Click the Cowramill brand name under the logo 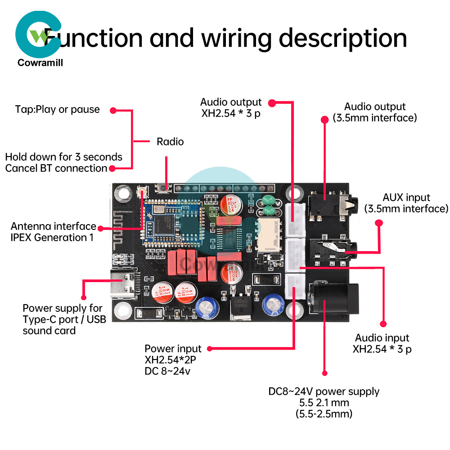[40, 63]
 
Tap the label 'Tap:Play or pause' [57, 109]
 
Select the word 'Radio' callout [170, 142]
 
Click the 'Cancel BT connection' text [56, 168]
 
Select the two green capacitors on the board [268, 206]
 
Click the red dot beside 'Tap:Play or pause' [113, 110]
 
